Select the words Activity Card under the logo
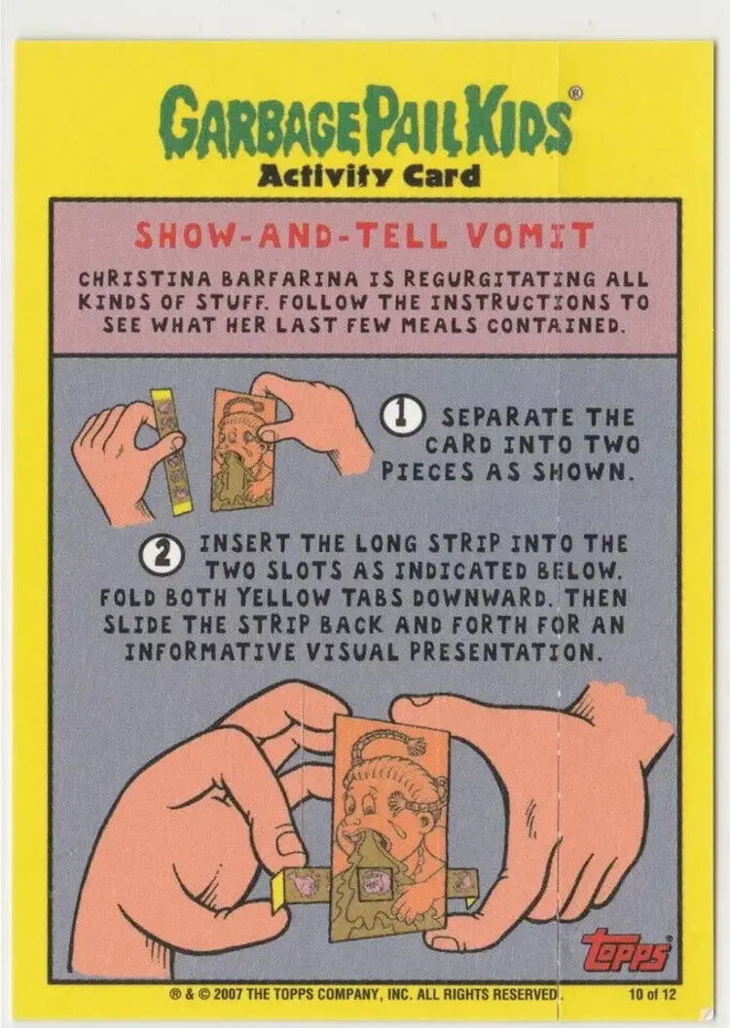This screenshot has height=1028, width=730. pyautogui.click(x=370, y=176)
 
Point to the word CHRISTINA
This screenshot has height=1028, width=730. pyautogui.click(x=145, y=278)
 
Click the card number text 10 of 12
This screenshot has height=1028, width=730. pyautogui.click(x=651, y=994)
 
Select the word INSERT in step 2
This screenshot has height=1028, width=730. pyautogui.click(x=243, y=543)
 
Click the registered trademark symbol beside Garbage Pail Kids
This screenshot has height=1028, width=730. pyautogui.click(x=575, y=93)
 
